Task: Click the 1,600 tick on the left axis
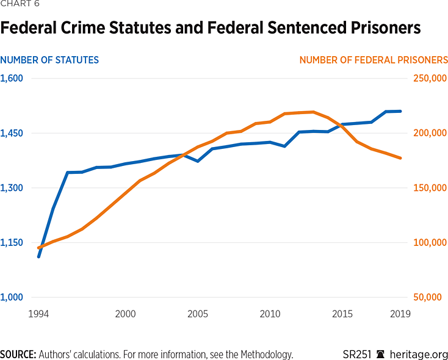pos(12,78)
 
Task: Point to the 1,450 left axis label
pos(12,133)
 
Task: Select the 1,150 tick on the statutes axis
pos(12,242)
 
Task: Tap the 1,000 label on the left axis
pos(12,297)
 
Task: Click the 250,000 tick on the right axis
pos(431,78)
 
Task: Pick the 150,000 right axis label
pos(431,188)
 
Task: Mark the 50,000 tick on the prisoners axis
pos(433,297)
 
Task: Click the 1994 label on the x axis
pos(38,314)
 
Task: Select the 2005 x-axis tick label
pos(197,314)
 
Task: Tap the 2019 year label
pos(400,314)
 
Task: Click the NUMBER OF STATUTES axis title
pos(49,60)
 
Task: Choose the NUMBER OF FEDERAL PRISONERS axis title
pos(374,60)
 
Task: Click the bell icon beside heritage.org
pos(381,354)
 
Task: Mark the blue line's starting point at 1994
pos(38,256)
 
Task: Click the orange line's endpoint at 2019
pos(400,158)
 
